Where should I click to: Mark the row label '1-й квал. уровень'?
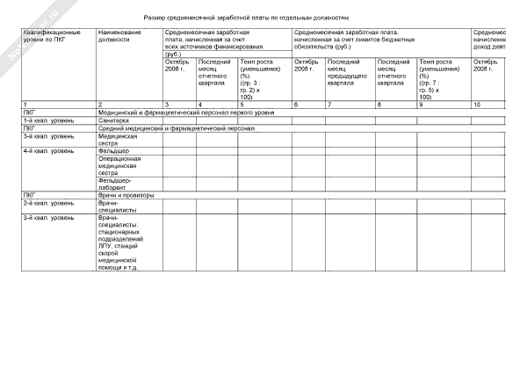48,120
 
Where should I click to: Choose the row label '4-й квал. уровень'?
48,151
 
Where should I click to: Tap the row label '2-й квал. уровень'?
48,202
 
